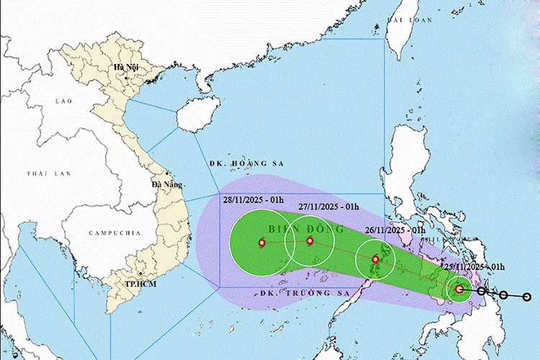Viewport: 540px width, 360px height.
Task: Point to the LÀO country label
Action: (65, 102)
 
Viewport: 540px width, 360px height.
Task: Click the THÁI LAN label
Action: (40, 174)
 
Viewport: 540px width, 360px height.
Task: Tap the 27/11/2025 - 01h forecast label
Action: (329, 207)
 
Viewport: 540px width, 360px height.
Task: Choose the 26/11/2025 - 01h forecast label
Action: (394, 230)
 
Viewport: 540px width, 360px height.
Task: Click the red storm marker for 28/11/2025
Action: (261, 243)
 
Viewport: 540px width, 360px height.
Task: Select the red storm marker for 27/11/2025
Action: (310, 241)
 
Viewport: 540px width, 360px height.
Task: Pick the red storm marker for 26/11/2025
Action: (375, 259)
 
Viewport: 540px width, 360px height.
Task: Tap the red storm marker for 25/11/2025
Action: (459, 289)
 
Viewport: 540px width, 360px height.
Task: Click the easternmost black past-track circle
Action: (527, 297)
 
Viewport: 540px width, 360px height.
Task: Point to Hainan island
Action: (194, 114)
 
